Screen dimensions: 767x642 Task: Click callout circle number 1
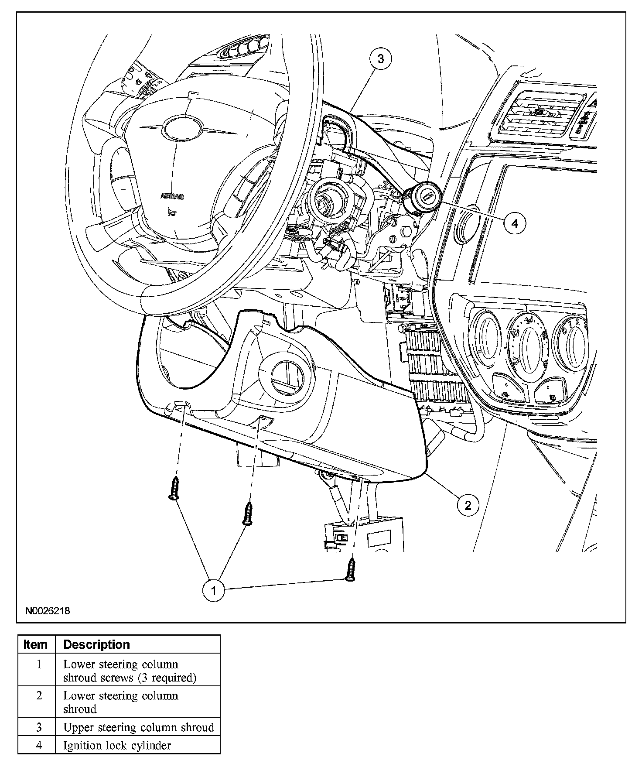[x=213, y=591]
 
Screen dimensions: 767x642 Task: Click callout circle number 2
[x=468, y=505]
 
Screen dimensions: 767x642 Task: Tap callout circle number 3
[x=380, y=58]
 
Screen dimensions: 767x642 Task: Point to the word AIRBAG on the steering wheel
[x=172, y=196]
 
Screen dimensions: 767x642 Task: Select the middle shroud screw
[x=248, y=513]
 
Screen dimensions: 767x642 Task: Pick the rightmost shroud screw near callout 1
[x=350, y=571]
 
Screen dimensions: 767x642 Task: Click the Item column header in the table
[x=36, y=644]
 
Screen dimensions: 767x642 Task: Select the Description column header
[x=97, y=644]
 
